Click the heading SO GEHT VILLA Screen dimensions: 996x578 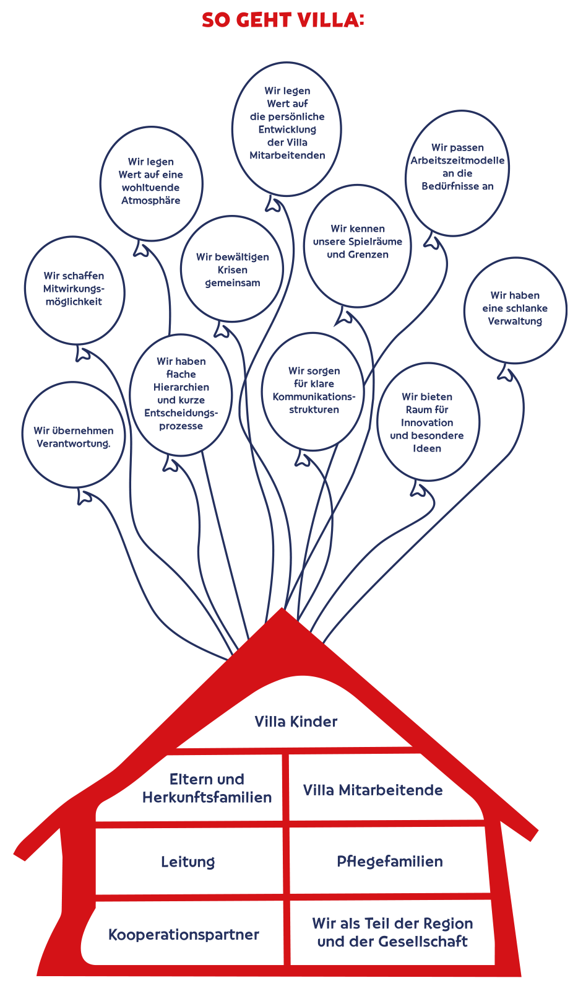(282, 20)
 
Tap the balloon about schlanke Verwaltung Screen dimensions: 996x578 (515, 309)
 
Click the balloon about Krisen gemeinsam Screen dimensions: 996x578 (232, 269)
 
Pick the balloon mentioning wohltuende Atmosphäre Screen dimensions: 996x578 (151, 182)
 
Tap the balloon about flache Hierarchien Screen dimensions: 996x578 (181, 394)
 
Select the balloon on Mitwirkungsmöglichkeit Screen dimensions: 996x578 (74, 289)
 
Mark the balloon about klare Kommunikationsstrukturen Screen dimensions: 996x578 (314, 390)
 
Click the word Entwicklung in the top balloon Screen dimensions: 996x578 (287, 129)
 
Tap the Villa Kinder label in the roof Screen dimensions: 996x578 (296, 722)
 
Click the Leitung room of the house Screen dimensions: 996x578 (188, 862)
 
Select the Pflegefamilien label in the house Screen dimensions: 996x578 (389, 862)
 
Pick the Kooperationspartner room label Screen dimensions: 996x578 (183, 935)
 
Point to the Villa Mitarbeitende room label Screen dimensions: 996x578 (373, 790)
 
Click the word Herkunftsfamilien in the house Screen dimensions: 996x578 (207, 797)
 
